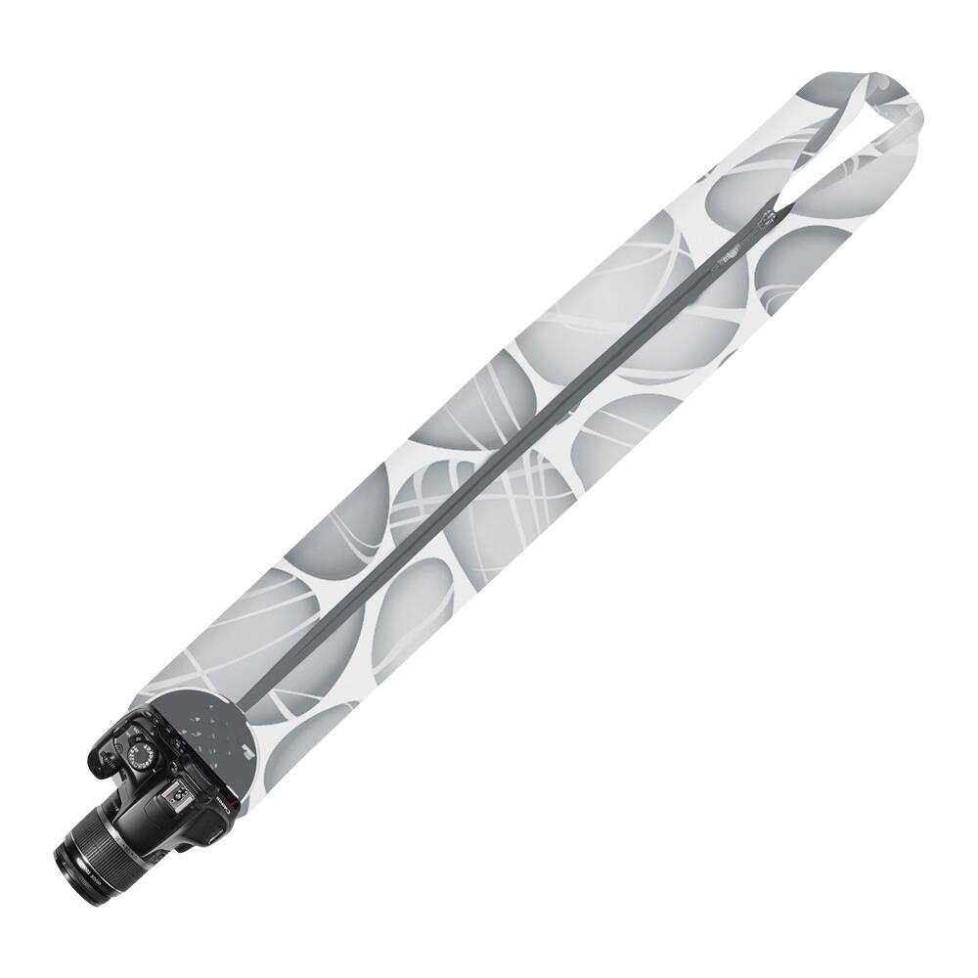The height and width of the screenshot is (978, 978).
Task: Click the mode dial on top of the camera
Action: (x=139, y=754)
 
